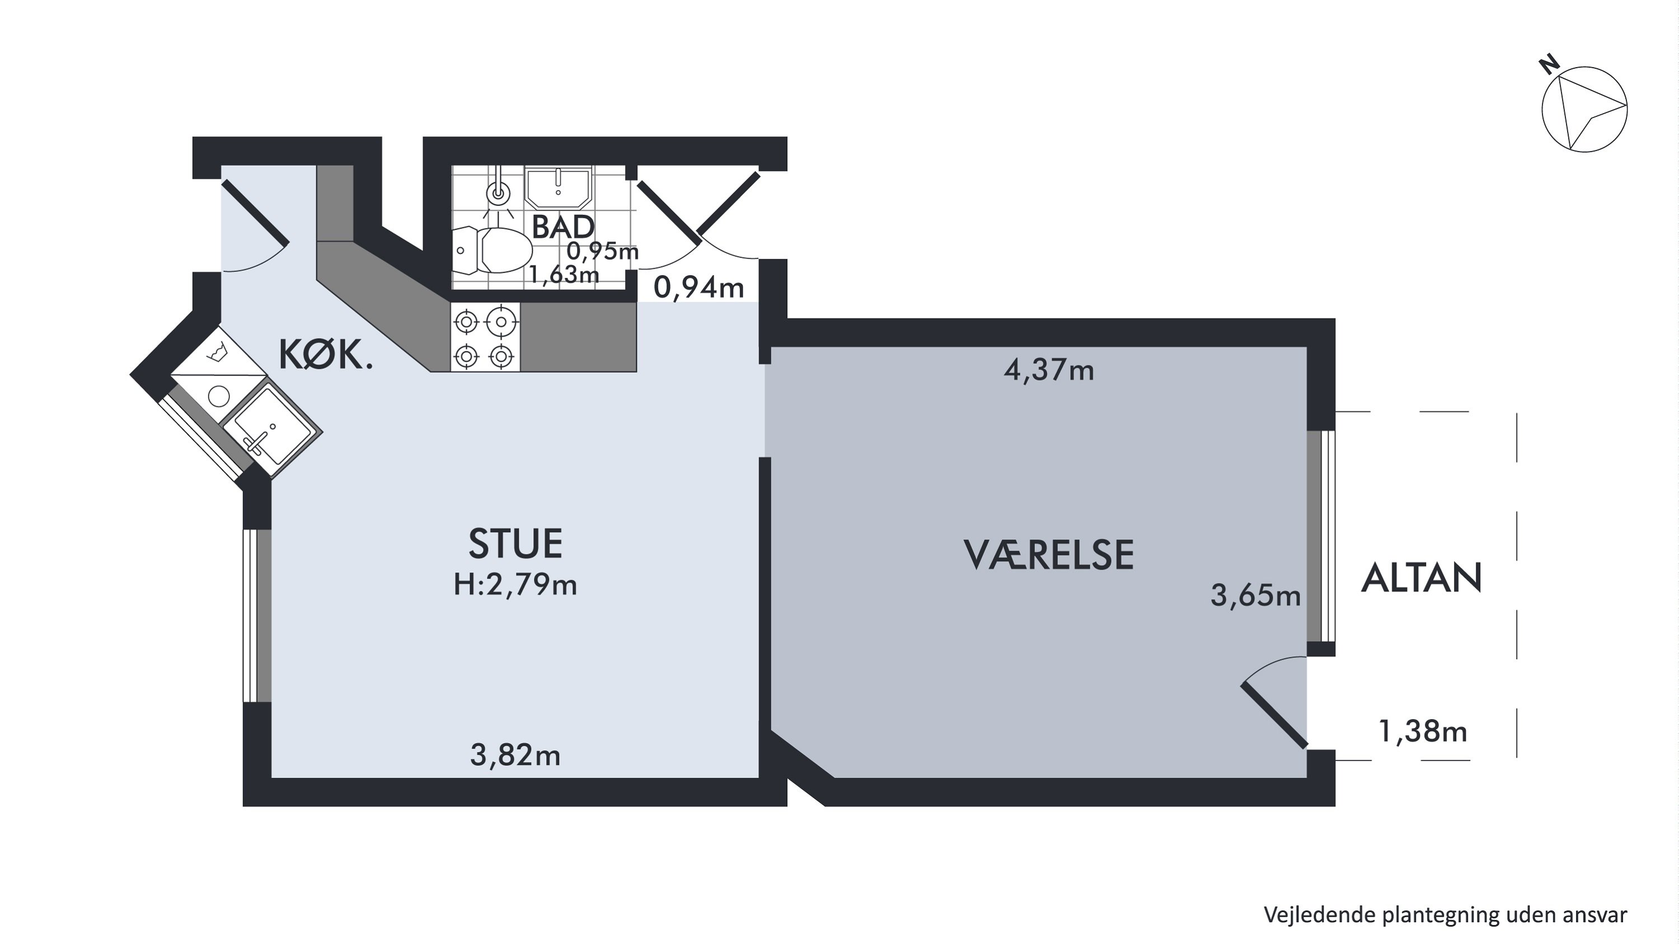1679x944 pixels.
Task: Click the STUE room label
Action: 515,544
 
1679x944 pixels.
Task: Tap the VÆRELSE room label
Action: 1049,555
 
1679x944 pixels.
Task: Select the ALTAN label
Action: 1422,578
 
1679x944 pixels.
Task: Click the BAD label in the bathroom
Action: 563,227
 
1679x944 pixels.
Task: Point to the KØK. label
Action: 326,356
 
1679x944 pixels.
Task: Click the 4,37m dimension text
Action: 1049,370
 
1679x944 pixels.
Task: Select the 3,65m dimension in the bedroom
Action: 1255,595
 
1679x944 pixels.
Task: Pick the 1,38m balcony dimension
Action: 1423,731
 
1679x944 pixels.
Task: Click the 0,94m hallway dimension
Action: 698,287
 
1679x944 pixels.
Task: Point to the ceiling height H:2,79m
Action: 515,585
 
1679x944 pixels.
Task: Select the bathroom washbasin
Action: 558,186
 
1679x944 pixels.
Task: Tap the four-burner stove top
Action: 485,337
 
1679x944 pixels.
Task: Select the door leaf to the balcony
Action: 1274,715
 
